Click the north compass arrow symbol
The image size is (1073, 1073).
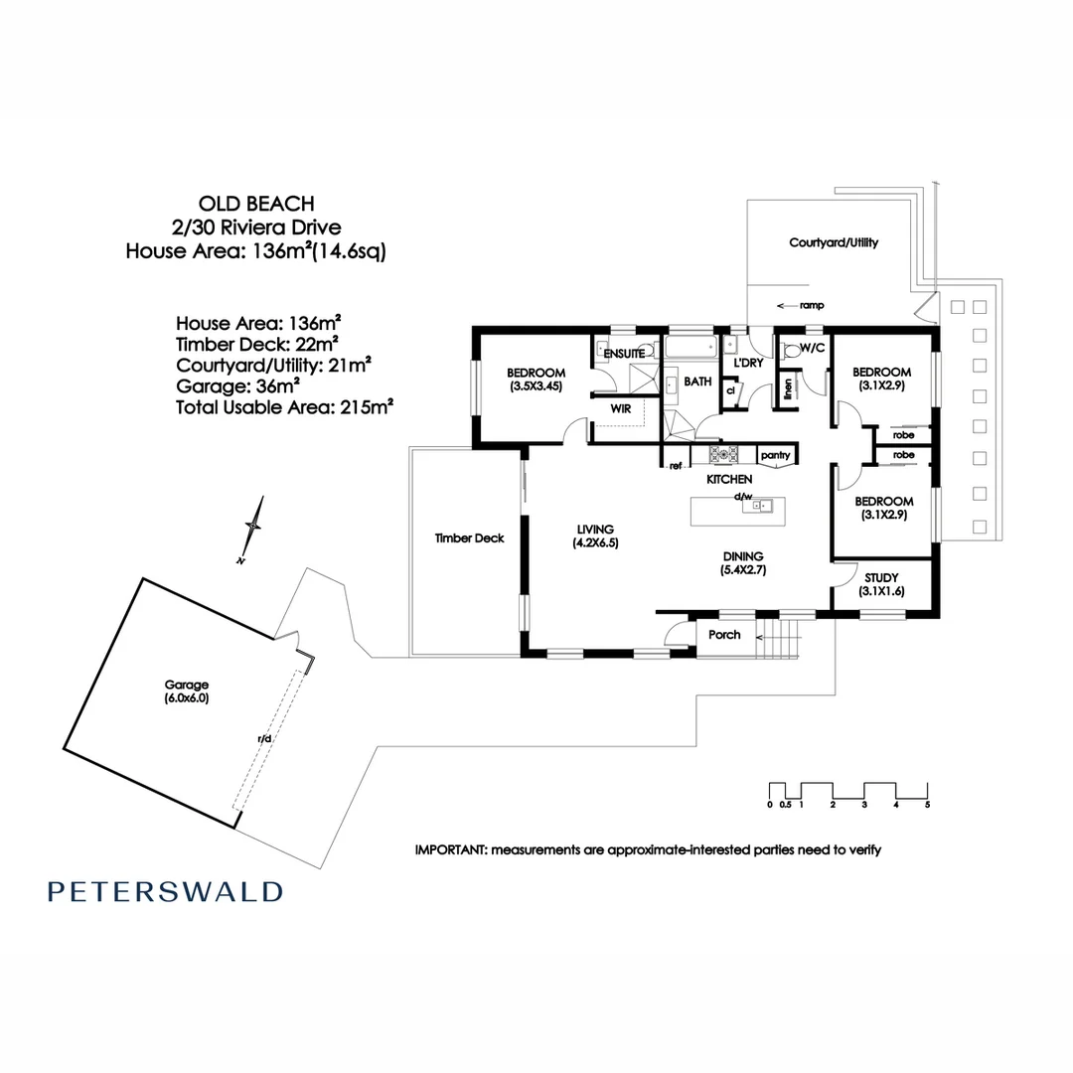click(x=253, y=528)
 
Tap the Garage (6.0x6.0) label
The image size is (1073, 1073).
click(x=187, y=691)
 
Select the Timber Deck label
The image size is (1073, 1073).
click(x=469, y=537)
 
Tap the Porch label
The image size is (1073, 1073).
click(x=724, y=634)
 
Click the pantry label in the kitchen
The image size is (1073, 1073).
click(x=775, y=456)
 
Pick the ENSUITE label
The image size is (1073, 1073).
click(x=624, y=354)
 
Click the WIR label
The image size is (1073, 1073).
click(x=621, y=408)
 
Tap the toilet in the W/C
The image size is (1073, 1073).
click(x=792, y=350)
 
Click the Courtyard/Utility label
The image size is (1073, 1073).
click(x=834, y=242)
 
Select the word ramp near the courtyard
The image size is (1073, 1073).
click(x=812, y=305)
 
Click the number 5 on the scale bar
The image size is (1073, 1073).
click(x=927, y=805)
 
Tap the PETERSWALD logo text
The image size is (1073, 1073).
click(x=165, y=891)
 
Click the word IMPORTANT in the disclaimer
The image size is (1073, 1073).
click(x=450, y=850)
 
